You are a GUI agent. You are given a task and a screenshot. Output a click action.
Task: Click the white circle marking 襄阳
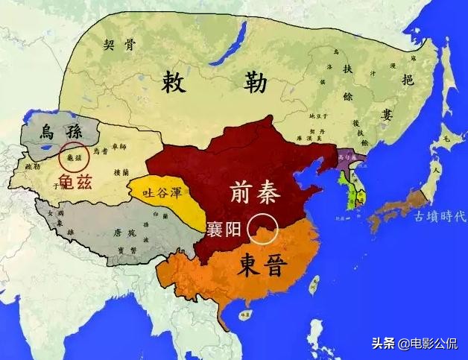(264, 228)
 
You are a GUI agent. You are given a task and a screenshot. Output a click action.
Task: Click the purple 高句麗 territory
(347, 157)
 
